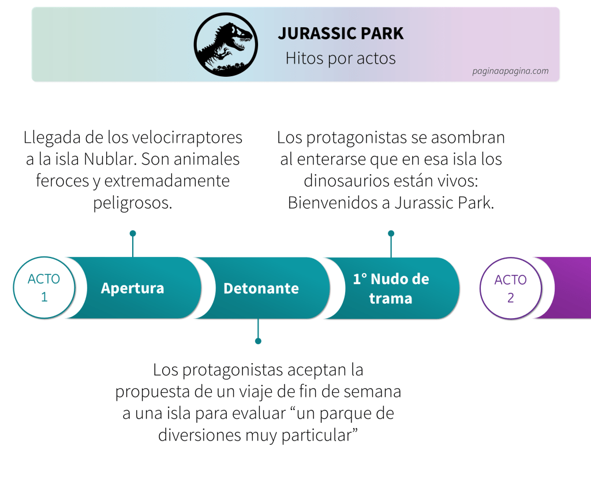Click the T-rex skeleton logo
(226, 44)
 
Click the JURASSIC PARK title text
(341, 33)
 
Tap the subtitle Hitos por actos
(341, 58)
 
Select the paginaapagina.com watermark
(510, 71)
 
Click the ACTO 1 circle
(44, 288)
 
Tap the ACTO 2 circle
(511, 289)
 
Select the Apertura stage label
(133, 289)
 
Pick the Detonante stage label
(261, 289)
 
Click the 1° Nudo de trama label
(391, 289)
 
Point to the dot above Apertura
(133, 233)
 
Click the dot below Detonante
(258, 341)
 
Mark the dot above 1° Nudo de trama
(391, 233)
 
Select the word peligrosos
(133, 203)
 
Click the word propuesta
(152, 392)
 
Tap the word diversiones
(200, 435)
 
